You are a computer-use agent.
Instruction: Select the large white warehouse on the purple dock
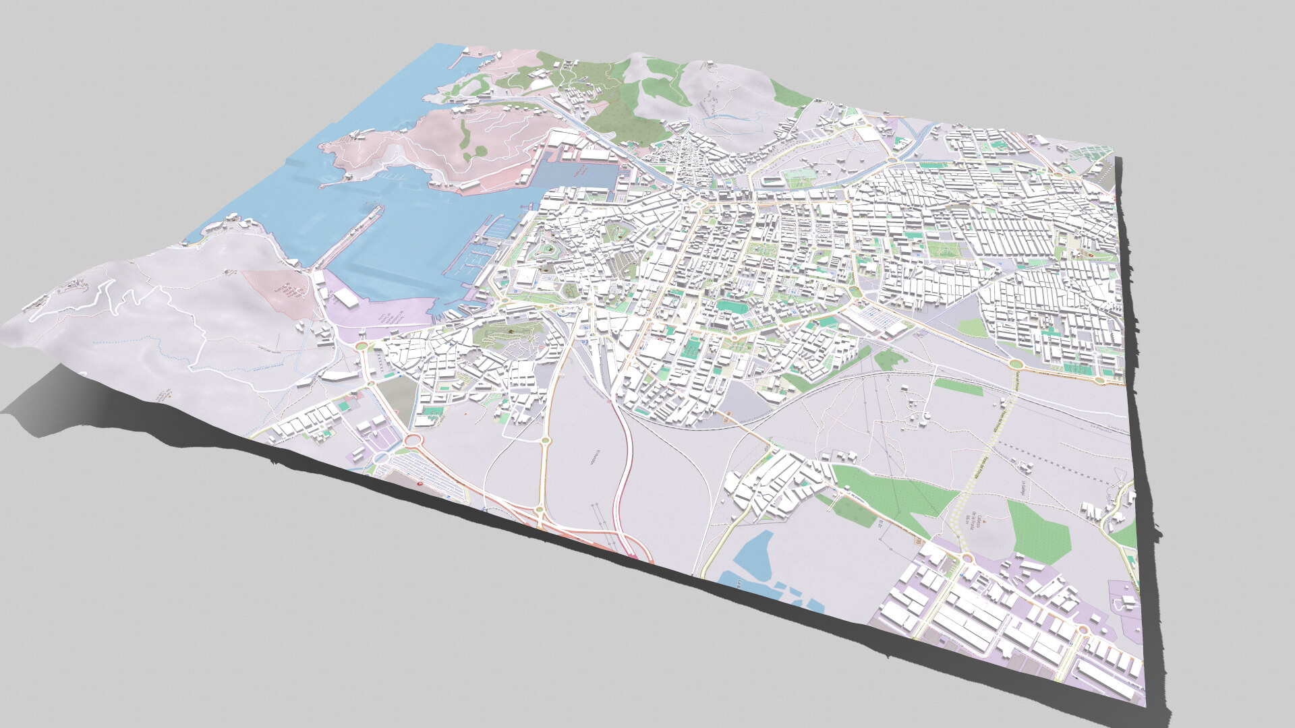tap(347, 297)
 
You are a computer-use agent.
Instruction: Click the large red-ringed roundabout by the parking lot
tap(412, 442)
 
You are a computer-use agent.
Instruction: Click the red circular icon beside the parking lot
tap(422, 484)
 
